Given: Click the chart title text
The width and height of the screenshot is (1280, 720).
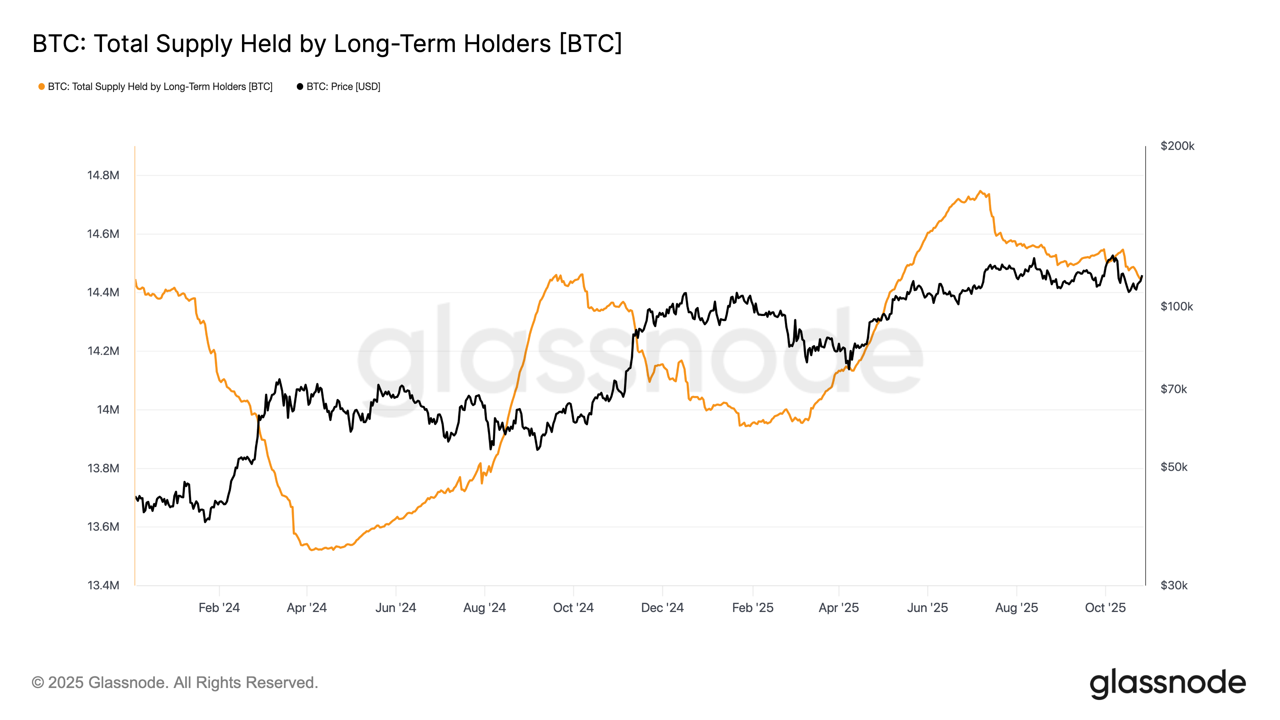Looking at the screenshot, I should [x=327, y=44].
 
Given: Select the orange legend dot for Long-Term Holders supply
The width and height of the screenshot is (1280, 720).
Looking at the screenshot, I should [x=42, y=87].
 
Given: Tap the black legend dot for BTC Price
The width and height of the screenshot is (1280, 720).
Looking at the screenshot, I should [x=300, y=87].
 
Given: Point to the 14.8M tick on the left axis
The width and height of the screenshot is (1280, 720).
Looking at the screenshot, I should [x=103, y=176].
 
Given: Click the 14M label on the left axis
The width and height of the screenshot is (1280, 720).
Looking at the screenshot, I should [x=108, y=410].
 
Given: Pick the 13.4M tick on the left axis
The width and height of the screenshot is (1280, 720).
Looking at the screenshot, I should [x=103, y=585].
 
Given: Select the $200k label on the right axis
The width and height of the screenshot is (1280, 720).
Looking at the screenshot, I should [x=1177, y=146].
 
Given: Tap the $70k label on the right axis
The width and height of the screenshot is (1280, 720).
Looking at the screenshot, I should [x=1174, y=389].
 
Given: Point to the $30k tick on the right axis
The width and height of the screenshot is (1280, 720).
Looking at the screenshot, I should [x=1174, y=585].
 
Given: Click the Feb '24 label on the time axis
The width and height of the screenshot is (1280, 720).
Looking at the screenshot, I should [x=219, y=608].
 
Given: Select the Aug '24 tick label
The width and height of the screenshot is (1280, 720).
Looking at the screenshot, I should [x=484, y=608].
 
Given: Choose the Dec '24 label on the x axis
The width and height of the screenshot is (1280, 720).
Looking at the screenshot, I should [x=662, y=608].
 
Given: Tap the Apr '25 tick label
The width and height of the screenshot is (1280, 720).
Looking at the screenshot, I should [x=839, y=608].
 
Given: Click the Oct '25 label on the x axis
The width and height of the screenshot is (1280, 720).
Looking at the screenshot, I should [x=1105, y=608].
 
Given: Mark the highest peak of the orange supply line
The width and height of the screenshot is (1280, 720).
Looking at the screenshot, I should [x=980, y=191].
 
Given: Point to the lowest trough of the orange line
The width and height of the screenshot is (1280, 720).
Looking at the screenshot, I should [x=312, y=550].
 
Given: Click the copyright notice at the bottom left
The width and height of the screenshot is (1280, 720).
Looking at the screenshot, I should [x=175, y=683].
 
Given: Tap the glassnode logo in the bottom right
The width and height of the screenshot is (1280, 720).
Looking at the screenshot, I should [x=1168, y=684].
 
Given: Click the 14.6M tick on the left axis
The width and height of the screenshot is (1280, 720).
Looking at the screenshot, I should [x=103, y=234].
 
